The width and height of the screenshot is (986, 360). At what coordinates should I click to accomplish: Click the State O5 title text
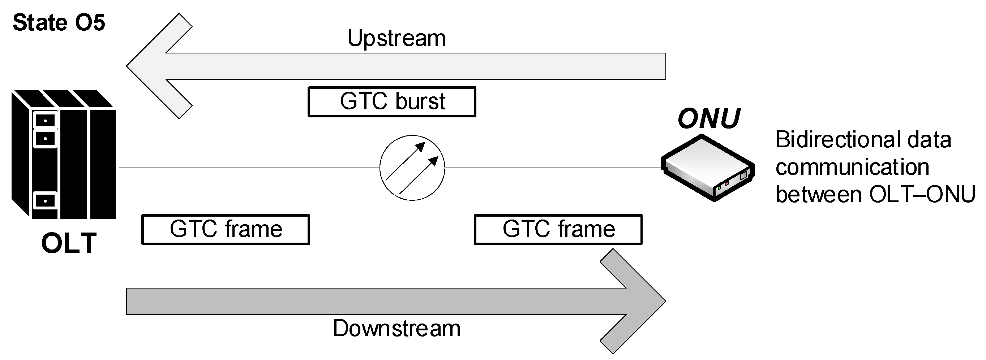[x=59, y=23]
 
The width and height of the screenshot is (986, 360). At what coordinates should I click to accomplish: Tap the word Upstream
[x=396, y=38]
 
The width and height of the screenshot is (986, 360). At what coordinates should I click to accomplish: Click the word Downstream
[x=396, y=328]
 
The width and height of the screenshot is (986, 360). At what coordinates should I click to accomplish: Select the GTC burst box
[x=391, y=102]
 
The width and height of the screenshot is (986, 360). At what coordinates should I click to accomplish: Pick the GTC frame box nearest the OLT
[x=226, y=230]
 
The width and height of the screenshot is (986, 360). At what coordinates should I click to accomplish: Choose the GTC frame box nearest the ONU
[x=558, y=230]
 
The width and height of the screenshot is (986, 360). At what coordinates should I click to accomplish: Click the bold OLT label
[x=69, y=243]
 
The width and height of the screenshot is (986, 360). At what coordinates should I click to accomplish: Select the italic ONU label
[x=708, y=118]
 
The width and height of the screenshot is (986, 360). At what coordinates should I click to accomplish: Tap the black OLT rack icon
[x=64, y=155]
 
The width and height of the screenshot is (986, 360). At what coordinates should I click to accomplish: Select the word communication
[x=852, y=167]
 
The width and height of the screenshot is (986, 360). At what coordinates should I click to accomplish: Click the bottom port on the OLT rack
[x=45, y=201]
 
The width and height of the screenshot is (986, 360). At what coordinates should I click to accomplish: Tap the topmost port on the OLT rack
[x=45, y=121]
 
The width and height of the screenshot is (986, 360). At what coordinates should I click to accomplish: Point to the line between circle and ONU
[x=553, y=168]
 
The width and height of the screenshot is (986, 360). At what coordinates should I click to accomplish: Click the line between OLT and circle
[x=249, y=168]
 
